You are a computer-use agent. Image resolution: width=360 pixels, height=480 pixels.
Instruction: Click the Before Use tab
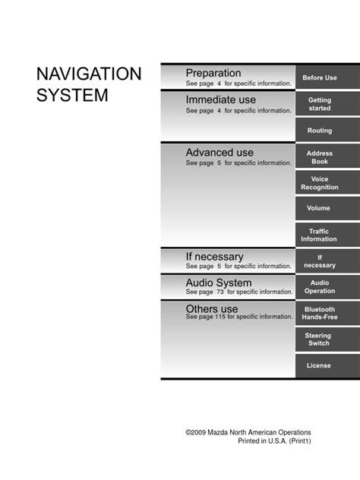[x=327, y=77]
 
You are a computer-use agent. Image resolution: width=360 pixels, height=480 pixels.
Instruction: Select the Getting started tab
[x=327, y=104]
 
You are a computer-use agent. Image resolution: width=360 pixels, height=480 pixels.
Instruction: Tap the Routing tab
[x=327, y=131]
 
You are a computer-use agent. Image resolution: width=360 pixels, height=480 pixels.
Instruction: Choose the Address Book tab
[x=327, y=157]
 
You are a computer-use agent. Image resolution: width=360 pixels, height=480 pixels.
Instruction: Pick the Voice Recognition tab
[x=327, y=183]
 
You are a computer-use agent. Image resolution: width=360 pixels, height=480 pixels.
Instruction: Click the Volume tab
[x=327, y=208]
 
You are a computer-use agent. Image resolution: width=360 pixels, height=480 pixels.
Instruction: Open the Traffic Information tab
[x=327, y=235]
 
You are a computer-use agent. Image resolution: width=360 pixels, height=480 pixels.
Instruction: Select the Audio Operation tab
[x=327, y=287]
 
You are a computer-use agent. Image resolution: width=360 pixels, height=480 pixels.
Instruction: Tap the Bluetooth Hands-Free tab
[x=327, y=313]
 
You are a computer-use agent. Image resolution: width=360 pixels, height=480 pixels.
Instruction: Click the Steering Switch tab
[x=327, y=339]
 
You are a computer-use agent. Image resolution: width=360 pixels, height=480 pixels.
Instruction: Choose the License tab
[x=327, y=365]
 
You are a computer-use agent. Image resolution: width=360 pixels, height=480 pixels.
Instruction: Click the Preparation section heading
[x=213, y=73]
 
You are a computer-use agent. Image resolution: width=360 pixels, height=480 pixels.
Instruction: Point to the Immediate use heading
[x=221, y=99]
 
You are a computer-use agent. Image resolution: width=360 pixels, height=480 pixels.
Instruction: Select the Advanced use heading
[x=219, y=153]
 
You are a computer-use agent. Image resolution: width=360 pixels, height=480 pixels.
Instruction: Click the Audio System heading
[x=219, y=283]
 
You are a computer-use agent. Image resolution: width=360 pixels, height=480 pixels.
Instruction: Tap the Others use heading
[x=212, y=308]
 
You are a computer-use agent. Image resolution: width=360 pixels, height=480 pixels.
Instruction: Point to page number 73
[x=220, y=292]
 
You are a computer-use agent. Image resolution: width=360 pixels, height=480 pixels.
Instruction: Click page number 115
[x=219, y=317]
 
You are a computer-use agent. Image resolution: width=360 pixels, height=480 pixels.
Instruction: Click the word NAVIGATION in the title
[x=89, y=74]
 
